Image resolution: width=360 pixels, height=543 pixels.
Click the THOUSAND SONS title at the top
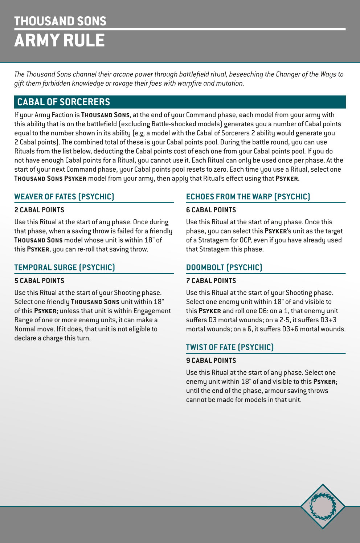[x=60, y=21]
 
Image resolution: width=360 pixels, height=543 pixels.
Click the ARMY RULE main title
[x=60, y=40]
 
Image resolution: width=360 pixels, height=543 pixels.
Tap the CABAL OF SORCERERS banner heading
[x=64, y=102]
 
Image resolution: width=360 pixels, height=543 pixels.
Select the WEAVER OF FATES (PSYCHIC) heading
[x=64, y=197]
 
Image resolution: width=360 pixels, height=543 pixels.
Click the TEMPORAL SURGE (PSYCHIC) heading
[x=65, y=268]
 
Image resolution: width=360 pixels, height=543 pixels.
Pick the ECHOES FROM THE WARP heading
[x=248, y=197]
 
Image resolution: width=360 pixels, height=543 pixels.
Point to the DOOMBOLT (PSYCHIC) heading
[x=224, y=268]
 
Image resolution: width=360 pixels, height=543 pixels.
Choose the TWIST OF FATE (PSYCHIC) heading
[x=230, y=347]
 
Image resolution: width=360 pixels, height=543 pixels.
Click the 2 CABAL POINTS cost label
[x=39, y=210]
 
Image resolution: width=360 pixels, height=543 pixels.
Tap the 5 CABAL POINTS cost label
[x=39, y=281]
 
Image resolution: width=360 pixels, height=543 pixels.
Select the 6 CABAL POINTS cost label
[x=211, y=210]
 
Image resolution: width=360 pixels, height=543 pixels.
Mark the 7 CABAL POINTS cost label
[x=211, y=281]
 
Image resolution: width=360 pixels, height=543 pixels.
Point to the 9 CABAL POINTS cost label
[x=211, y=361]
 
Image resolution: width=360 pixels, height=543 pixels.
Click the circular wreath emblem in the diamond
[x=322, y=506]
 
